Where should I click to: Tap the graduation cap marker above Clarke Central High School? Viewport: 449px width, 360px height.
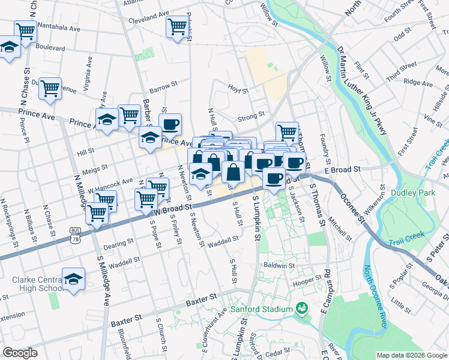point(74,279)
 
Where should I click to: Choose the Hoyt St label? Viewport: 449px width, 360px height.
point(238,90)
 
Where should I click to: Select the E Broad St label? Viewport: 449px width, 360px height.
point(342,170)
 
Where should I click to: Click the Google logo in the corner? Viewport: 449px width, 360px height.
point(20,353)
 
